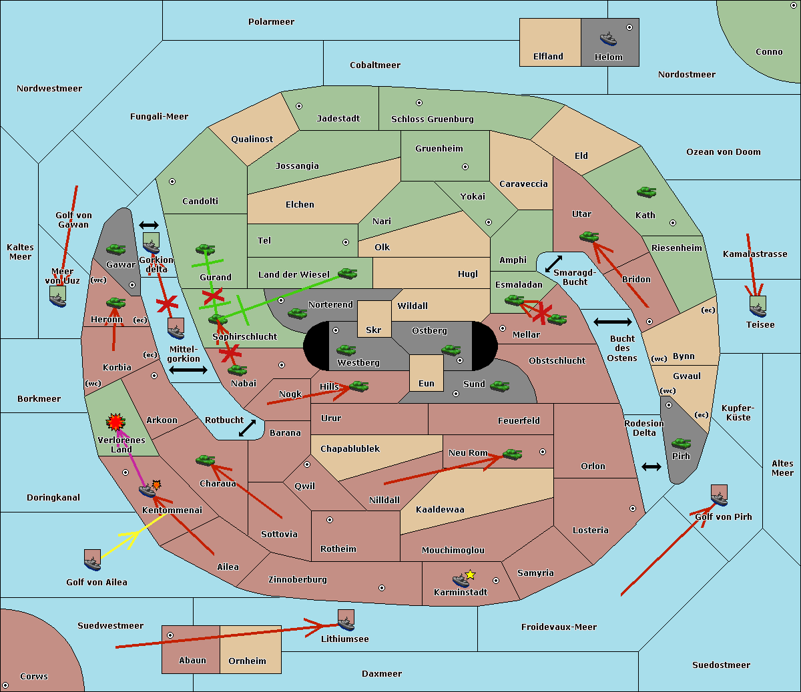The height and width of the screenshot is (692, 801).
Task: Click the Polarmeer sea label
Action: point(271,22)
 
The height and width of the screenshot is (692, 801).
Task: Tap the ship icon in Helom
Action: point(608,38)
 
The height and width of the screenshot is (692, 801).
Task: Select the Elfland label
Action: point(548,57)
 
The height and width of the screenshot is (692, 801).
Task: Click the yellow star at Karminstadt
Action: point(471,575)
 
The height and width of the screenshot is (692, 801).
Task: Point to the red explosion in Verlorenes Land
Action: point(115,422)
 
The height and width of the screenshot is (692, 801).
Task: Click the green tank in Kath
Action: point(646,192)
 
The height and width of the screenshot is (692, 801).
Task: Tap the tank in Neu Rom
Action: point(512,454)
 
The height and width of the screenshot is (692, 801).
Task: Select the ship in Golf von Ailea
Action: point(92,561)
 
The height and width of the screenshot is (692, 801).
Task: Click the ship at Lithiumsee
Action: point(346,621)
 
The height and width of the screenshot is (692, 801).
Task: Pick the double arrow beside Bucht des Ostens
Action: point(612,322)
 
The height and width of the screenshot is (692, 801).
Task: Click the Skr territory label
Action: point(374,330)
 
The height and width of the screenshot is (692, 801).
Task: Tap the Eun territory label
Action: point(427,384)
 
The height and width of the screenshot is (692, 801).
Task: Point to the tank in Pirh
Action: point(681,444)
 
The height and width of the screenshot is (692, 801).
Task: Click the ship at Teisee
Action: point(758,307)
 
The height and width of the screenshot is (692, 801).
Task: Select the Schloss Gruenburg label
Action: point(432,119)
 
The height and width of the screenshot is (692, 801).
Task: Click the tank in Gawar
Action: point(115,250)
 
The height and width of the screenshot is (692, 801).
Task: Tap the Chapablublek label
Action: point(350,449)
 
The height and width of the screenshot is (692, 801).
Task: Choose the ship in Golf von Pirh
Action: point(719,495)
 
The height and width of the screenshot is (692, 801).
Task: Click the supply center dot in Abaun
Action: point(170,635)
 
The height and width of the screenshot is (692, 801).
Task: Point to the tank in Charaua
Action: point(206,460)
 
